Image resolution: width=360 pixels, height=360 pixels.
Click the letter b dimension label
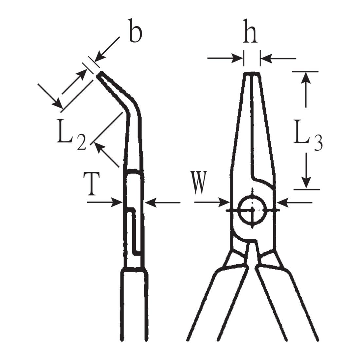point(136,31)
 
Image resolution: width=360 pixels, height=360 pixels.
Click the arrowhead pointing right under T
point(117,202)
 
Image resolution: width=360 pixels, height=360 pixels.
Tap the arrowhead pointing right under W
point(224,202)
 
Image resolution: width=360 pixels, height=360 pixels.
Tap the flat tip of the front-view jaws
point(252,73)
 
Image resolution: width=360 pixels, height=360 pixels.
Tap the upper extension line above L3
point(305,72)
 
